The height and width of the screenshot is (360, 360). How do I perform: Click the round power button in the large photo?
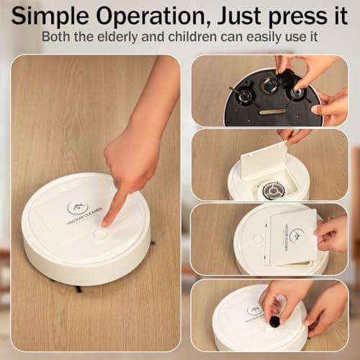click(100, 234)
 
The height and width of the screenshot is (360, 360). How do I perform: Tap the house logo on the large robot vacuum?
click(75, 207)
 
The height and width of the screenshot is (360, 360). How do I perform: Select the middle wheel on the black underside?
click(269, 85)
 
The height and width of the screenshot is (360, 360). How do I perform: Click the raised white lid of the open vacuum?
click(264, 161)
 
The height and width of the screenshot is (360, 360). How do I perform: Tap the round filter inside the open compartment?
click(274, 190)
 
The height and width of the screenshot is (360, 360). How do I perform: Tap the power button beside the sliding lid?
click(257, 239)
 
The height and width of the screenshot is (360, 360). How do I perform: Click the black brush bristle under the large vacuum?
click(78, 289)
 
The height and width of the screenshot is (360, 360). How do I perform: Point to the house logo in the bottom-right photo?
click(253, 310)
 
